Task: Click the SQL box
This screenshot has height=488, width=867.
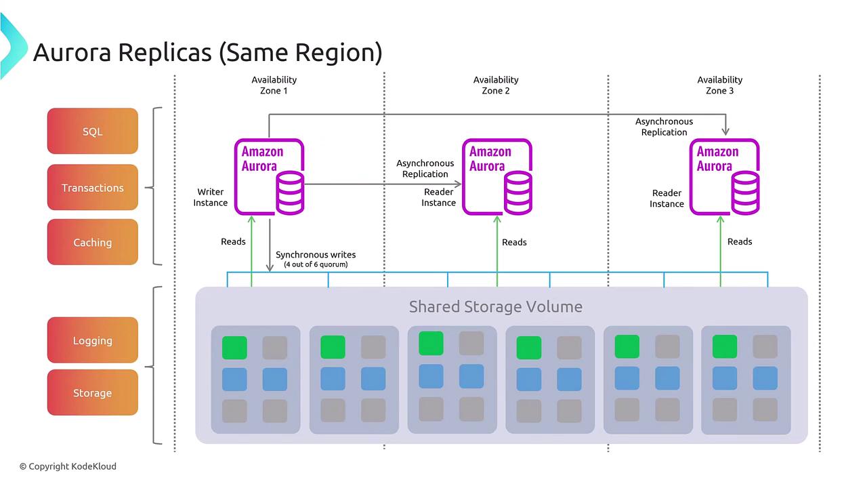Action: coord(93,131)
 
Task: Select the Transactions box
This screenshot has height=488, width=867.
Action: coord(93,188)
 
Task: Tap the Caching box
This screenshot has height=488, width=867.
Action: coord(93,243)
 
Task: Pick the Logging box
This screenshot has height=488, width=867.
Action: coord(93,341)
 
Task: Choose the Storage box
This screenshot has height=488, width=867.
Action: coord(93,393)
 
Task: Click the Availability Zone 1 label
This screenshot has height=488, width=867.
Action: coord(274,85)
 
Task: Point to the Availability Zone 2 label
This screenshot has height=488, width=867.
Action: coord(496,85)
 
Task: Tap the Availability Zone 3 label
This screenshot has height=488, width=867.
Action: coord(720,85)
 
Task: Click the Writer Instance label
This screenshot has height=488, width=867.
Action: coord(211,197)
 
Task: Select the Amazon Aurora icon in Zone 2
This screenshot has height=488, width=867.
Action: coord(497,177)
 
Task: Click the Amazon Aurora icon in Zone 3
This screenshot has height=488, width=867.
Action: coord(725,177)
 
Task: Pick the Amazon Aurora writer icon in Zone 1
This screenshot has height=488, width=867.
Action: coord(270,177)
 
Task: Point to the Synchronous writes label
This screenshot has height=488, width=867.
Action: coord(316,255)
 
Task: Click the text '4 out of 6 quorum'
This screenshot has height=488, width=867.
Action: coord(316,264)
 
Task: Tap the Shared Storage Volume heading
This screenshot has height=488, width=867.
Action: coord(496,306)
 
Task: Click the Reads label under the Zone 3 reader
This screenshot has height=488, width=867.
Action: coord(740,241)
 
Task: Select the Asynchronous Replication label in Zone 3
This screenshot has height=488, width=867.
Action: coord(664,127)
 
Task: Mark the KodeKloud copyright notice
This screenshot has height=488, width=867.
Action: coord(68,466)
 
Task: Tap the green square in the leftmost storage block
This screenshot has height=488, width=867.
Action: coord(234,348)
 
